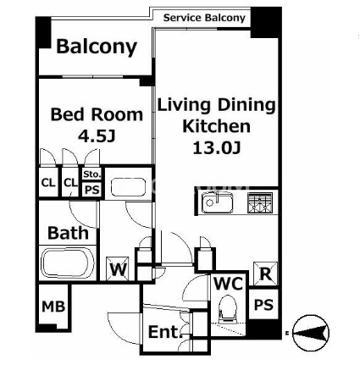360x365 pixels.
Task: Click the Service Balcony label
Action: pyautogui.click(x=204, y=18)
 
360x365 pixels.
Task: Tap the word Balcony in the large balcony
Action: pyautogui.click(x=97, y=47)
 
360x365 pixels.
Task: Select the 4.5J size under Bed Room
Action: pyautogui.click(x=97, y=136)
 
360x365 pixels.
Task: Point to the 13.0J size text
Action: pyautogui.click(x=217, y=147)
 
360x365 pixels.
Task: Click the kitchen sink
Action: pyautogui.click(x=217, y=202)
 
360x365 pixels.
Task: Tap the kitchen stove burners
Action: pyautogui.click(x=260, y=202)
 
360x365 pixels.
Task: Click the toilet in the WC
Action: pyautogui.click(x=228, y=309)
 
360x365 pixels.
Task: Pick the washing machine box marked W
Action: pyautogui.click(x=118, y=268)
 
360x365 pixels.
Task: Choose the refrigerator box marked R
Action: pyautogui.click(x=265, y=274)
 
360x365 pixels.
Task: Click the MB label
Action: pyautogui.click(x=53, y=307)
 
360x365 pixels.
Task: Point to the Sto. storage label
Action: pyautogui.click(x=91, y=174)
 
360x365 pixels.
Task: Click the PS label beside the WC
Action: pyautogui.click(x=264, y=305)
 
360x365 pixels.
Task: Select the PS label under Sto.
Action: pyautogui.click(x=92, y=189)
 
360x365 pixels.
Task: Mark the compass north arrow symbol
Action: pyautogui.click(x=311, y=333)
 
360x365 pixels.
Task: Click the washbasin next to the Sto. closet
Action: pyautogui.click(x=128, y=186)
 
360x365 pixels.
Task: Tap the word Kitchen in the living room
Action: pyautogui.click(x=217, y=126)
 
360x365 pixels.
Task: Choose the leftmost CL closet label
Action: pyautogui.click(x=48, y=183)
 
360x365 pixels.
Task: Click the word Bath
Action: pyautogui.click(x=68, y=233)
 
